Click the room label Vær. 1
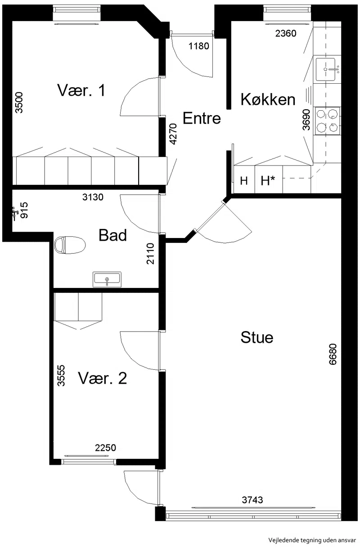pos(81,90)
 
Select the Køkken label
pos(268,99)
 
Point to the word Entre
pos(202,118)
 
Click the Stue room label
pos(256,337)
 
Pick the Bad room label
pos(112,235)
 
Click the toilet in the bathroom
pos(70,245)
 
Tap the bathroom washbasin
pos(107,279)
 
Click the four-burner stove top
pos(328,121)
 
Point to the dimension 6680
pos(333,355)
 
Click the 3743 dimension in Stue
pos(252,500)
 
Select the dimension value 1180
pos(199,46)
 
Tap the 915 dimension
pos(24,210)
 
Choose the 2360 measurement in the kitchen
pos(286,33)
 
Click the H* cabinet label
pos(268,181)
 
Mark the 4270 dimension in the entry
pos(173,134)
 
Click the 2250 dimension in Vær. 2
pos(105,448)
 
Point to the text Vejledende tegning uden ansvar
pos(312,540)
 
